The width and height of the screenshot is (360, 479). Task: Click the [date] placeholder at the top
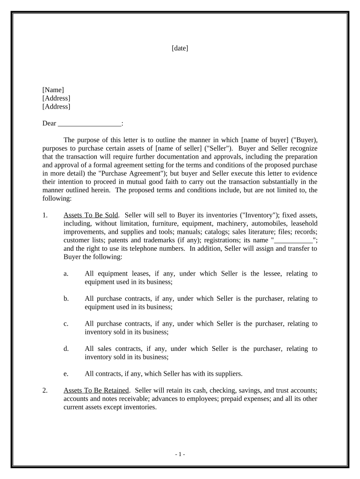click(180, 48)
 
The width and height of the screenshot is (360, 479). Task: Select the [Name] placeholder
click(53, 90)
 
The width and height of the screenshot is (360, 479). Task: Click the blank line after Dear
click(89, 124)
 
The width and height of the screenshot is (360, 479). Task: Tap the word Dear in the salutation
click(49, 123)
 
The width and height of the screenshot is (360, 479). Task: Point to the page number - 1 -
click(180, 454)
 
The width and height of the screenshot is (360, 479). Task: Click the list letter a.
click(66, 274)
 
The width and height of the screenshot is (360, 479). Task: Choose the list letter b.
click(66, 298)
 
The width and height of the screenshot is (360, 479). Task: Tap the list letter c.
click(66, 324)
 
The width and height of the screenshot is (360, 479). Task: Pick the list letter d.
click(66, 348)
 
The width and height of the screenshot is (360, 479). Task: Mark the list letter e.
click(66, 374)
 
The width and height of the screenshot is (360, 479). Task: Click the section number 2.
click(45, 390)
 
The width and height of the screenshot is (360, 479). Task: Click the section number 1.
click(45, 215)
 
